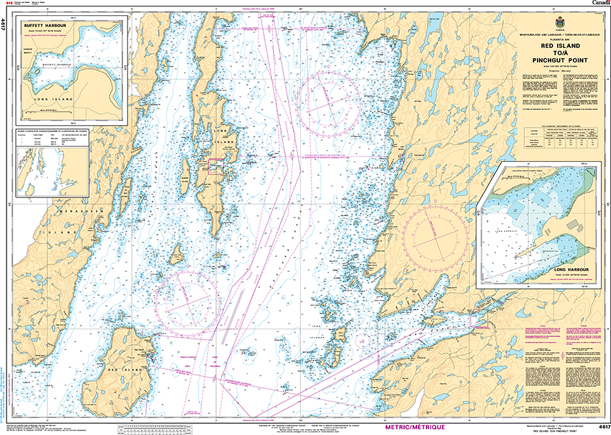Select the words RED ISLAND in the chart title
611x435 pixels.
click(560, 47)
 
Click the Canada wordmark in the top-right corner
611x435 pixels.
click(600, 3)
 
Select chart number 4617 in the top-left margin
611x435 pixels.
click(5, 26)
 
